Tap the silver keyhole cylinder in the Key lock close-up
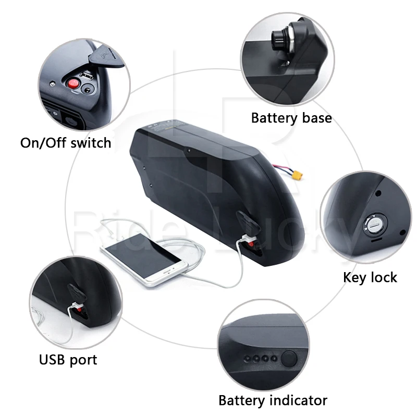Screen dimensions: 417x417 pyautogui.click(x=374, y=225)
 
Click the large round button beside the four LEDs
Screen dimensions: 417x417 pyautogui.click(x=289, y=359)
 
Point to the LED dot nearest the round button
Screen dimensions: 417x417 pyautogui.click(x=273, y=358)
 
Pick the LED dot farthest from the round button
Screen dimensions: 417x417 pyautogui.click(x=248, y=358)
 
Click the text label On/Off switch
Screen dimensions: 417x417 pyautogui.click(x=66, y=142)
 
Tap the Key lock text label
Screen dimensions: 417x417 pyautogui.click(x=370, y=277)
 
